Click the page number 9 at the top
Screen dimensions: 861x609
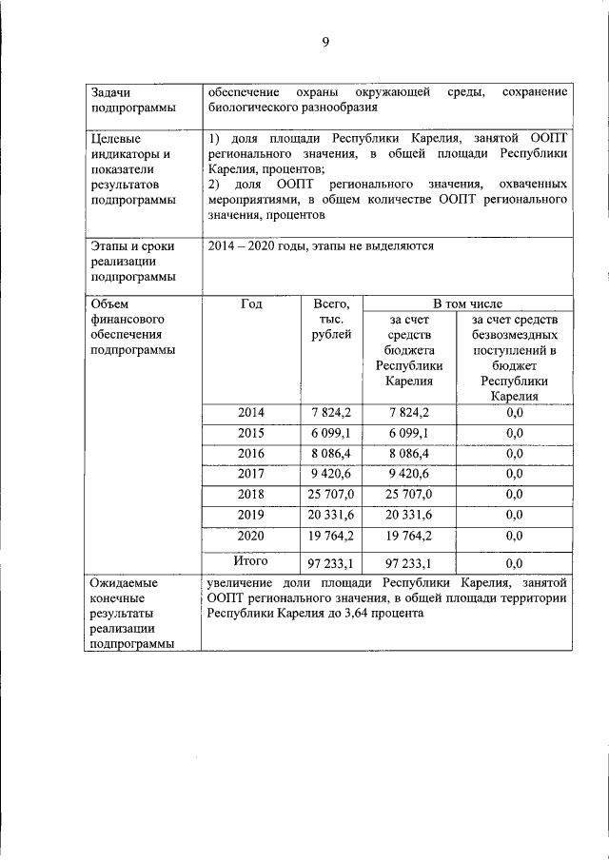[324, 41]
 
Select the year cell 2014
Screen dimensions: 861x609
[251, 412]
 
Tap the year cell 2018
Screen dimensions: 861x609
[251, 494]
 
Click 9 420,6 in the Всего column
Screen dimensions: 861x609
[331, 474]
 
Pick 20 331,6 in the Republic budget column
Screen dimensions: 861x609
[409, 515]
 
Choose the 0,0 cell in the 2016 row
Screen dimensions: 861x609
[515, 453]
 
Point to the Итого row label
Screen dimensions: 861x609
[251, 560]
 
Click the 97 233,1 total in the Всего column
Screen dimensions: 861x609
[331, 562]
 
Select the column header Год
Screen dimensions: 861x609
[251, 303]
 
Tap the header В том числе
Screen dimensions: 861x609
[468, 303]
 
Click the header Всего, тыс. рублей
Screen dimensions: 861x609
[331, 319]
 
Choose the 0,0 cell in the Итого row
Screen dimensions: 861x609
[515, 562]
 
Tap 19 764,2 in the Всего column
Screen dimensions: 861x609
[331, 535]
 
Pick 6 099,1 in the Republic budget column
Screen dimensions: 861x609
[409, 433]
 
